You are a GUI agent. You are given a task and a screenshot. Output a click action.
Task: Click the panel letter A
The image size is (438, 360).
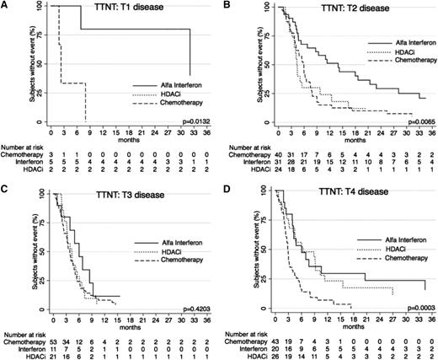pos(5,6)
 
